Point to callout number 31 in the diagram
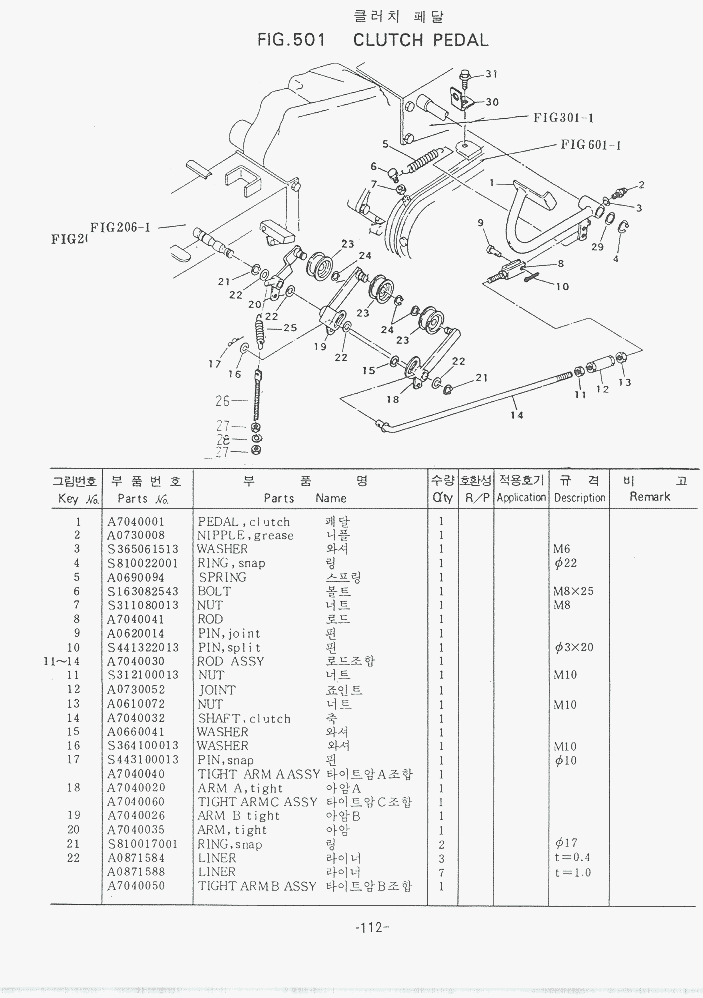[491, 75]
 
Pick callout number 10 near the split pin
[562, 286]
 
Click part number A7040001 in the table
[136, 522]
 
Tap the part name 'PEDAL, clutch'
[244, 522]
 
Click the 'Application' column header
[521, 497]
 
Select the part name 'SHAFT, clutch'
[244, 718]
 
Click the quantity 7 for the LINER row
[440, 872]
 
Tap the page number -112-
[371, 927]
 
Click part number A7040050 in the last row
[136, 886]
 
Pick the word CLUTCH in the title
[390, 41]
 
